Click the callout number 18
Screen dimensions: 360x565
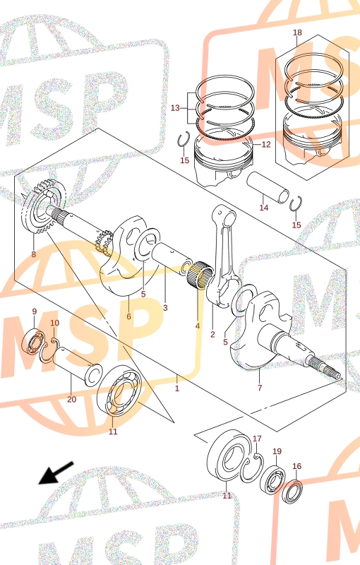[297, 32]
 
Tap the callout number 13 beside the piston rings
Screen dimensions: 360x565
[175, 108]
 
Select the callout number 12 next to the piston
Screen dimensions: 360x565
[265, 145]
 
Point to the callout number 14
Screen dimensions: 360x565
[264, 208]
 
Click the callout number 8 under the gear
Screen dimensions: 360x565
[33, 254]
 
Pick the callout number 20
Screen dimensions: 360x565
[71, 399]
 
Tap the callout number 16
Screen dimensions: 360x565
[296, 466]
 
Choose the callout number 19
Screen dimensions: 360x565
[277, 451]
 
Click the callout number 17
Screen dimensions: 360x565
[257, 439]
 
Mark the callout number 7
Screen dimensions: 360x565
[260, 388]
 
